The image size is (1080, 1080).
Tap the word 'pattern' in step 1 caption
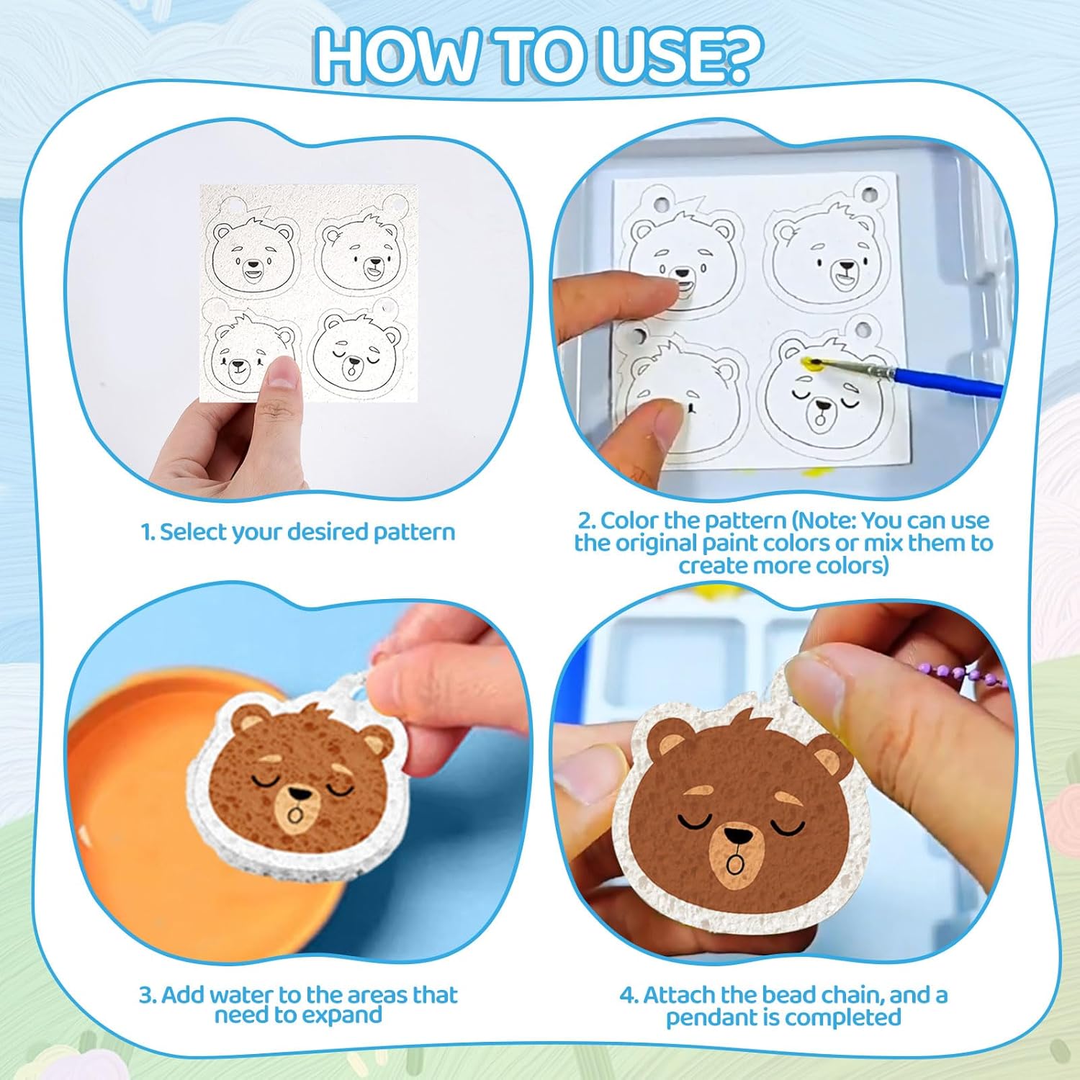pos(414,533)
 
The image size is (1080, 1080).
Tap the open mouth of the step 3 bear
pos(294,814)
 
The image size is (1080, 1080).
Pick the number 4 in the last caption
pos(626,996)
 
